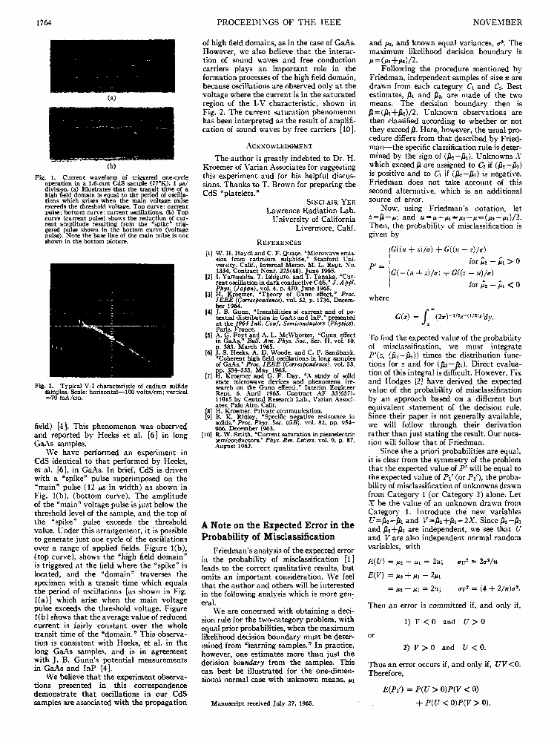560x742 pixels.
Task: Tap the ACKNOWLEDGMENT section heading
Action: click(x=279, y=146)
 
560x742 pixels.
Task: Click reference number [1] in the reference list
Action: click(x=209, y=253)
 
